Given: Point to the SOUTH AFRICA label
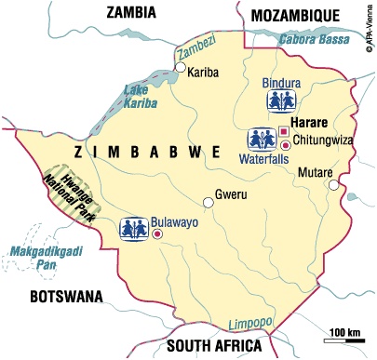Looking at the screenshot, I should point(208,346).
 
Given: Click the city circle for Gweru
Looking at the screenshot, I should point(209,202).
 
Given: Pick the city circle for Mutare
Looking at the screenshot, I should point(332,185).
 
